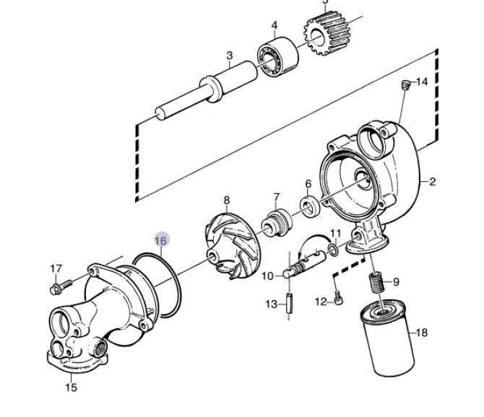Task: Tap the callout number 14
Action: pos(422,82)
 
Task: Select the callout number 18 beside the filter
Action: pos(422,333)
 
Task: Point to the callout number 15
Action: pos(72,387)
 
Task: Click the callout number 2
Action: pos(433,182)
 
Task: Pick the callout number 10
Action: pos(267,276)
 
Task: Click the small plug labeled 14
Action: pos(405,84)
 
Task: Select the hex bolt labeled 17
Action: pos(61,287)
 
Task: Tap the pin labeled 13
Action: pos(289,304)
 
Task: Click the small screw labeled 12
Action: pos(338,299)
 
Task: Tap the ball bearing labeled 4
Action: pos(278,56)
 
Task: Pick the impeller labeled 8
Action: pos(233,247)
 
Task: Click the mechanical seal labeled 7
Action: pos(277,223)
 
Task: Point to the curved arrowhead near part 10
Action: pos(300,255)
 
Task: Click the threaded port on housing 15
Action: pos(100,348)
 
